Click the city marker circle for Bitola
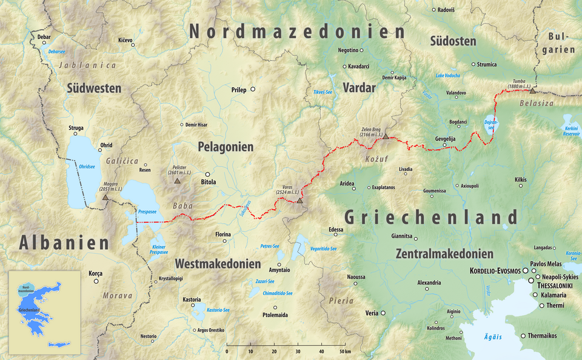(208, 173)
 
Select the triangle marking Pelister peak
(177, 181)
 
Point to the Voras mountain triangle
(299, 200)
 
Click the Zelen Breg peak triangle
(386, 136)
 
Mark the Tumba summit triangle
(532, 90)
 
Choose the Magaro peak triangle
(105, 197)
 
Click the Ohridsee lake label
(87, 167)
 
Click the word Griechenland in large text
(431, 218)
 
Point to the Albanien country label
(64, 243)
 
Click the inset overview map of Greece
(44, 313)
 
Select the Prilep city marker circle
(253, 90)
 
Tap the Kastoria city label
(192, 300)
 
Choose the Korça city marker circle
(96, 281)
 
